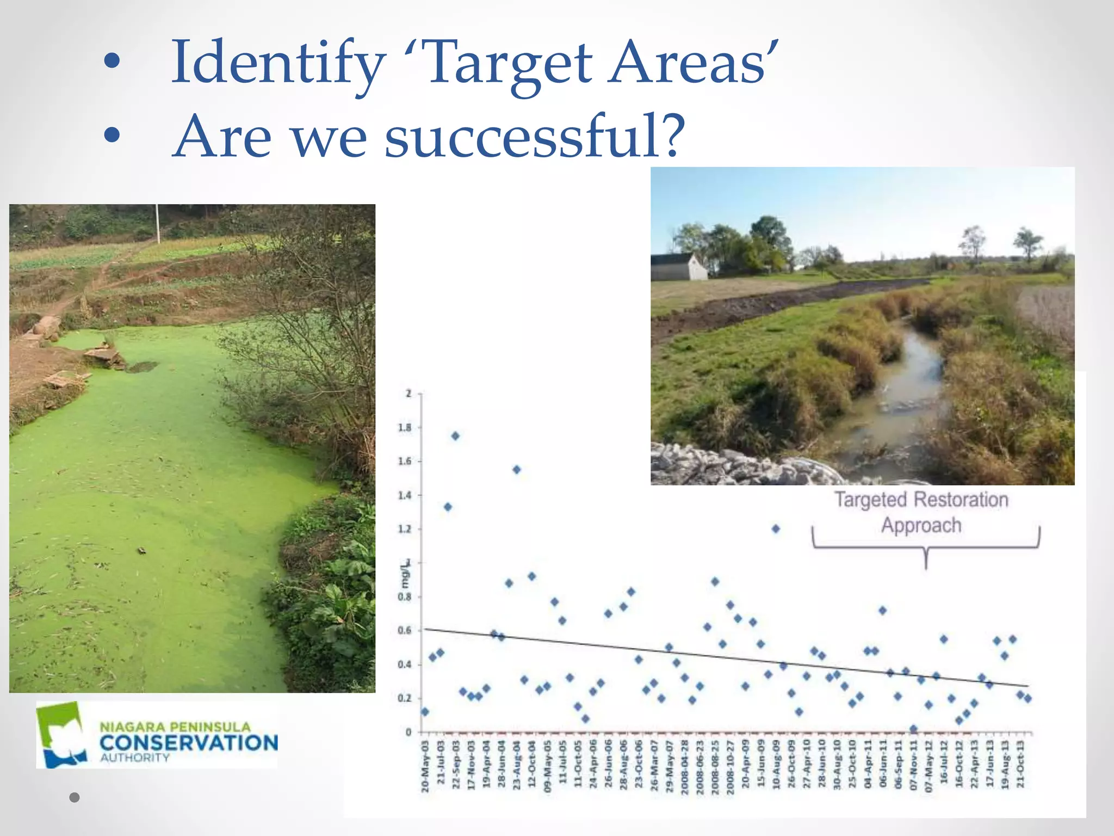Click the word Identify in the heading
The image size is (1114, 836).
tap(278, 64)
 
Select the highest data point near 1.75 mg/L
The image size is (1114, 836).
tap(455, 436)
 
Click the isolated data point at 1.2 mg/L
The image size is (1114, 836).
tap(776, 528)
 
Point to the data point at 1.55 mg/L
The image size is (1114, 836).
tap(517, 470)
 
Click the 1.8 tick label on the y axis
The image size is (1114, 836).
tap(405, 427)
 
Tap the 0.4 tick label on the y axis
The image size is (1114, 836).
tap(405, 665)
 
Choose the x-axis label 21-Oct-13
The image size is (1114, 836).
tap(1020, 764)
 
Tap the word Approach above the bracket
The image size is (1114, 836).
tap(921, 525)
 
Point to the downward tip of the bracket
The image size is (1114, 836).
tap(926, 567)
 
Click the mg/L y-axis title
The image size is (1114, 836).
tap(405, 576)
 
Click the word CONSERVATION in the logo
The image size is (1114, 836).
tap(189, 743)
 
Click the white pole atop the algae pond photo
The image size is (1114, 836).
tap(158, 224)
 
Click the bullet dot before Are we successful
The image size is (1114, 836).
tap(112, 136)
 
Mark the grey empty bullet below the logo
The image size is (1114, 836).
tap(75, 797)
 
